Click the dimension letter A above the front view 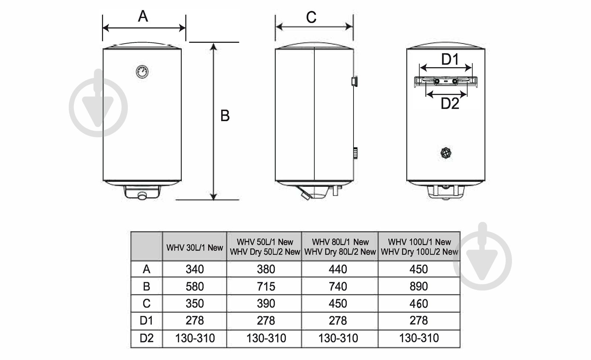pyautogui.click(x=143, y=16)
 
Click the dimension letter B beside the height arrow pyautogui.click(x=225, y=116)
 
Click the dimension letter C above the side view pyautogui.click(x=311, y=17)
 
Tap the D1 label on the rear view pyautogui.click(x=450, y=59)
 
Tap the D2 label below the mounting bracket pyautogui.click(x=450, y=104)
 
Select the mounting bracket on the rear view pyautogui.click(x=446, y=81)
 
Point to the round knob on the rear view pyautogui.click(x=447, y=152)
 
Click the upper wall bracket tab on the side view pyautogui.click(x=354, y=81)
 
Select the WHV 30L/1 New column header pyautogui.click(x=194, y=247)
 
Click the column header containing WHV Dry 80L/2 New pyautogui.click(x=340, y=247)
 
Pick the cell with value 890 pyautogui.click(x=419, y=286)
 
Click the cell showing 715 pyautogui.click(x=266, y=286)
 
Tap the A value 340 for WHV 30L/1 pyautogui.click(x=194, y=269)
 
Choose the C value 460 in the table pyautogui.click(x=419, y=304)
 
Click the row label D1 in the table pyautogui.click(x=146, y=320)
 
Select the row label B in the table pyautogui.click(x=146, y=286)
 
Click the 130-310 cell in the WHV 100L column pyautogui.click(x=419, y=338)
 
